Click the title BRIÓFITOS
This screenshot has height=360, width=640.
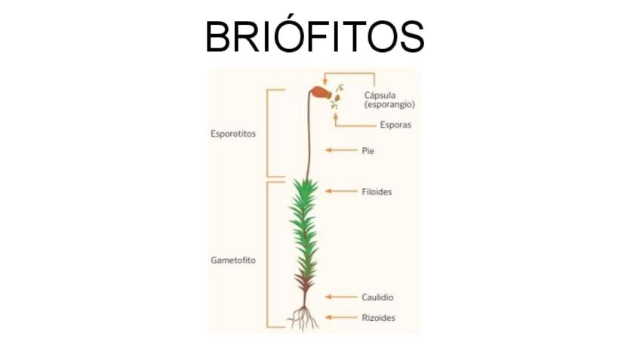point(315,36)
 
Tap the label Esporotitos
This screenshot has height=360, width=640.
point(233,134)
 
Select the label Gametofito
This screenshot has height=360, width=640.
point(232,260)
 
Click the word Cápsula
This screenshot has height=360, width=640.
point(380,95)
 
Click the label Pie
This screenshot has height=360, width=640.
point(368,151)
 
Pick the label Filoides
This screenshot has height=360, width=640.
point(377,192)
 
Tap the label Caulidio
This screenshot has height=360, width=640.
point(377,298)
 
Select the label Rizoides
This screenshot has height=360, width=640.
point(378,318)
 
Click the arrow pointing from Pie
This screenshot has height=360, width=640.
point(340,151)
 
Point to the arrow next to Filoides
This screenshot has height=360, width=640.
point(340,192)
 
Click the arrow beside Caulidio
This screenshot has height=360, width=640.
point(340,298)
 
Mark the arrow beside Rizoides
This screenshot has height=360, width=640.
point(340,318)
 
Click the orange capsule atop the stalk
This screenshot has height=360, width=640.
point(319,93)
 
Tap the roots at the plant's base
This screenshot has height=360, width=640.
point(304,318)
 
